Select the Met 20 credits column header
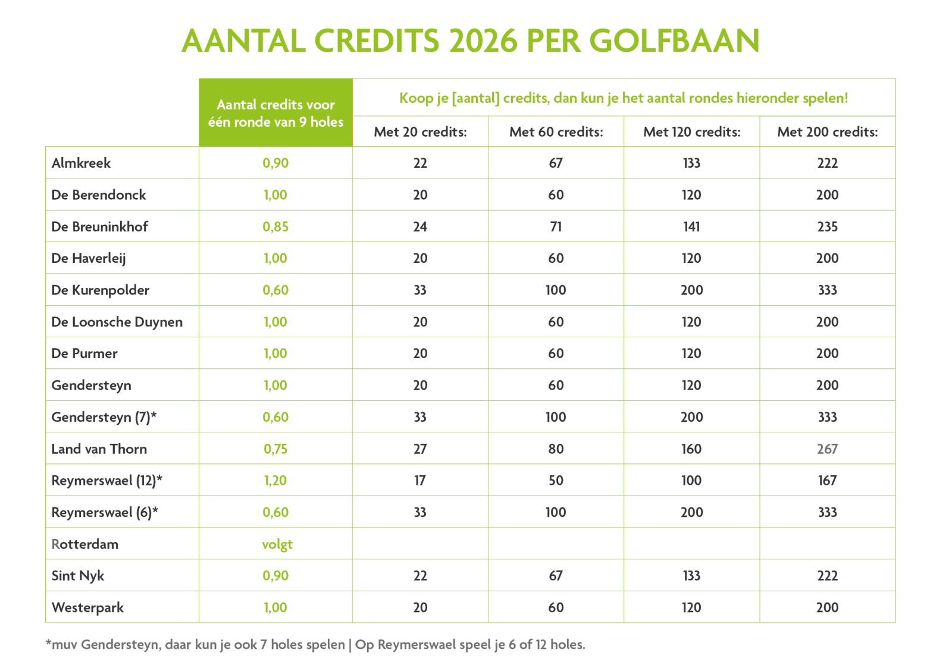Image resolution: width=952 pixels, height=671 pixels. point(420,132)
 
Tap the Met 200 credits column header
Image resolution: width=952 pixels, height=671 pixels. point(827,132)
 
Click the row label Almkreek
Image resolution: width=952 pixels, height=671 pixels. point(81,163)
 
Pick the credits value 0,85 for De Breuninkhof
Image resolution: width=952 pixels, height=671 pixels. point(275,227)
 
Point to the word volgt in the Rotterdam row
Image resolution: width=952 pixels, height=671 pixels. point(277,544)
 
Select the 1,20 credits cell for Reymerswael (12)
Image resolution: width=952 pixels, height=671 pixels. point(275,481)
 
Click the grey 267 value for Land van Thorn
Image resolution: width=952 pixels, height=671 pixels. point(827,449)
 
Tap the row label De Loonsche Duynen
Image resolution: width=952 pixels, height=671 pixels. point(117,322)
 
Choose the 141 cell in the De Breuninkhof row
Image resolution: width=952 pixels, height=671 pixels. point(691,227)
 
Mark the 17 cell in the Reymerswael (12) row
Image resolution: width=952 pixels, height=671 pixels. point(420,481)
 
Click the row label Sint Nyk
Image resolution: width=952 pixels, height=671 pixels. point(77,576)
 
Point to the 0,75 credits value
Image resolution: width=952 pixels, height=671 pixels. point(275,449)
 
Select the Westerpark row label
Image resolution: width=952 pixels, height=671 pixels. point(87,607)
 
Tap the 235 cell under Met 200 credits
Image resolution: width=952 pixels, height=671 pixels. point(827,227)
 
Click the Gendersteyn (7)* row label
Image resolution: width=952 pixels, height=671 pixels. point(104,417)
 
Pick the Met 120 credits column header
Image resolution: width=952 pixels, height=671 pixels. point(691,132)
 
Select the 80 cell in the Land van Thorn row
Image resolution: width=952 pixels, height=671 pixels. point(556,449)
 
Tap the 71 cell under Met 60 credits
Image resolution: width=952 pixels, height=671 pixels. point(556,227)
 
